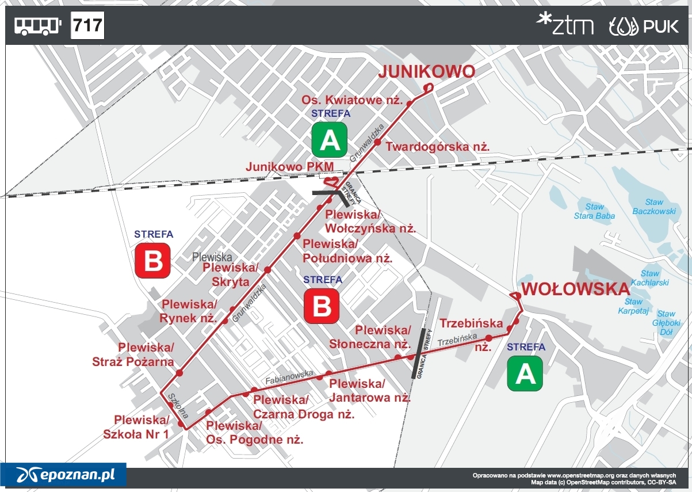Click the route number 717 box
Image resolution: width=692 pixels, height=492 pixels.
[x=87, y=25]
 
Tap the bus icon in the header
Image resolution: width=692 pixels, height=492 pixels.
[x=37, y=26]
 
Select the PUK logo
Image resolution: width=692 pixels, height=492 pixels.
[x=644, y=26]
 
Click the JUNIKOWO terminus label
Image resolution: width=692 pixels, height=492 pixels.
[x=426, y=72]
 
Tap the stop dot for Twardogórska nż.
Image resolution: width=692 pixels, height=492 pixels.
[x=378, y=142]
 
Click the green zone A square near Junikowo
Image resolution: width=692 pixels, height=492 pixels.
[x=330, y=140]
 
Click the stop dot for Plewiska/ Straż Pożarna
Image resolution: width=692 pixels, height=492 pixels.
[x=179, y=373]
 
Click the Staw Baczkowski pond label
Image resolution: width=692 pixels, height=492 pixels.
[x=653, y=207]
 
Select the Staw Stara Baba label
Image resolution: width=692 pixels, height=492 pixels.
[x=594, y=211]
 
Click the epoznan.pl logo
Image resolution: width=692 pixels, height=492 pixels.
[x=63, y=475]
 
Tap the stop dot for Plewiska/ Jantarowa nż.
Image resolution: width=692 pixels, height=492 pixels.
[x=320, y=378]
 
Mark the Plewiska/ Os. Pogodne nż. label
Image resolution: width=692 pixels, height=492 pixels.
[x=254, y=433]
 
